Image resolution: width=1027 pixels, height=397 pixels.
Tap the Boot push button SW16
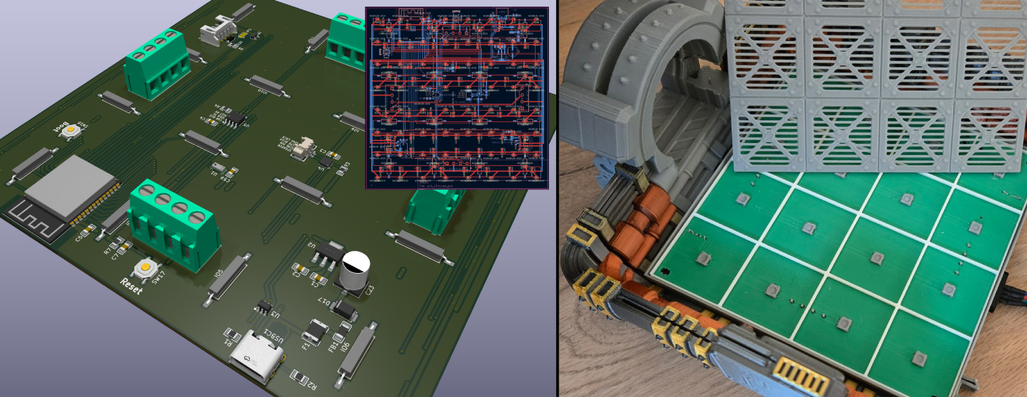tap(71, 130)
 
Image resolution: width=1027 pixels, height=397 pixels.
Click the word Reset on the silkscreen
tap(131, 286)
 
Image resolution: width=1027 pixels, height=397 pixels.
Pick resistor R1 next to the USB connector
tap(232, 336)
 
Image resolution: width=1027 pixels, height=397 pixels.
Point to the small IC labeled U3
tap(264, 307)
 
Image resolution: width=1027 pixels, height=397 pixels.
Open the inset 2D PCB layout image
tap(457, 97)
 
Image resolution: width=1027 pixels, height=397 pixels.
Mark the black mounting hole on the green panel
tap(665, 271)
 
